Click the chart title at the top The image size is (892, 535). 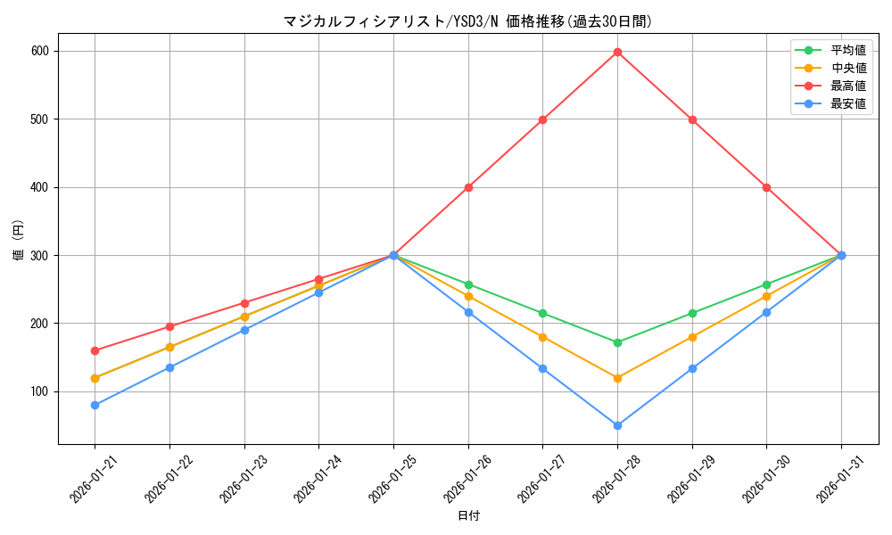[x=467, y=21]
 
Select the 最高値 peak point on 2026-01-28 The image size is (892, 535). [x=617, y=52]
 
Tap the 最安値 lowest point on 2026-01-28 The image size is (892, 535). [x=617, y=425]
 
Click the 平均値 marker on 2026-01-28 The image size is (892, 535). [x=617, y=342]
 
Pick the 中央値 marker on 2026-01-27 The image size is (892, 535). [x=542, y=337]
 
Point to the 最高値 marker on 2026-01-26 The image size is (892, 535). [x=468, y=187]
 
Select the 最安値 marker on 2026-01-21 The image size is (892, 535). [x=95, y=405]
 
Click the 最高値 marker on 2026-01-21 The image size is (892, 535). [x=95, y=350]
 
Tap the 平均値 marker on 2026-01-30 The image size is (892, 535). [x=766, y=284]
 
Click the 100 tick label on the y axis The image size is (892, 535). [x=41, y=391]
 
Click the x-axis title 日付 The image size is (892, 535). [x=467, y=516]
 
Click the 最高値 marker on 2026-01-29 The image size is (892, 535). [x=692, y=119]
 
